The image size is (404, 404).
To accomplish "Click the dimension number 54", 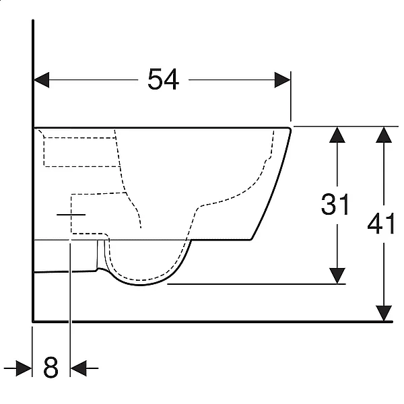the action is [164, 79].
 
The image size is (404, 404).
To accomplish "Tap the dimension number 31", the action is [335, 204].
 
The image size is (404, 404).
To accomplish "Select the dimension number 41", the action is [381, 224].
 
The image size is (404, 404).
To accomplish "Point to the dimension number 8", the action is [50, 368].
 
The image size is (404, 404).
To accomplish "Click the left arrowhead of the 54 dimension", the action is [42, 80].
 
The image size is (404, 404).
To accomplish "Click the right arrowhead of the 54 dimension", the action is [283, 80].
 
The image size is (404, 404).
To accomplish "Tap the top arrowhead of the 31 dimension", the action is [337, 135].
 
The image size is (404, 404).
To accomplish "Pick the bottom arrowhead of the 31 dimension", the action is [337, 276].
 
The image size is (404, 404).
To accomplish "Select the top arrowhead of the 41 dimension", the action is [384, 135].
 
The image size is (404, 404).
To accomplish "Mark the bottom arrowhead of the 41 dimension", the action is [384, 313].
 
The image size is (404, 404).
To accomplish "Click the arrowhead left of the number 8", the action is [24, 368].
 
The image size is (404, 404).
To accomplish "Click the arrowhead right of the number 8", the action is [79, 368].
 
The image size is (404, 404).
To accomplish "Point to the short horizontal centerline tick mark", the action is [71, 214].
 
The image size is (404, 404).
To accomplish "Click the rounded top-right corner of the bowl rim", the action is [290, 129].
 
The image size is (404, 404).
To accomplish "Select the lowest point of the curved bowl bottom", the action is [139, 285].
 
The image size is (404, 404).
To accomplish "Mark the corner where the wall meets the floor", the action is [33, 322].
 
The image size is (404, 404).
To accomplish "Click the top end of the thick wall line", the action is [33, 20].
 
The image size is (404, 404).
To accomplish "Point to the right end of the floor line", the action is [392, 322].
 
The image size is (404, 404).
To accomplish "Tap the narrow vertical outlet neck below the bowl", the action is [101, 254].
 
